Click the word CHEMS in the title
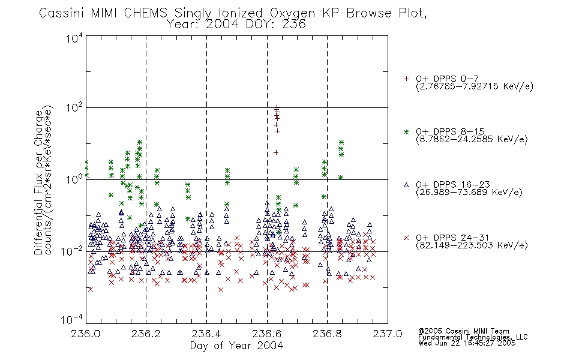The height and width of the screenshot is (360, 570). click(145, 13)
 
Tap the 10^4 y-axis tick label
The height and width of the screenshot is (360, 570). click(74, 38)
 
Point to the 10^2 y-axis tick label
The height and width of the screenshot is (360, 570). click(74, 108)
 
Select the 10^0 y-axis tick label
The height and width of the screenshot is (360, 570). click(74, 179)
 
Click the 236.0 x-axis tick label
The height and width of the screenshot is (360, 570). click(85, 334)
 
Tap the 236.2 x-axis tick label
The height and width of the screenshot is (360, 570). click(146, 334)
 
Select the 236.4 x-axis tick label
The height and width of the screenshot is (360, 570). click(206, 334)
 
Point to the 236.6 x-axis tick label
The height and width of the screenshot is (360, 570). click(266, 334)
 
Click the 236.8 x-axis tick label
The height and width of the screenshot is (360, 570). click(327, 334)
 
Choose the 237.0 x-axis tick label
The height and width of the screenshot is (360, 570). click(387, 334)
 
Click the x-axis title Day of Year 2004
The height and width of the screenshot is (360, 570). click(236, 346)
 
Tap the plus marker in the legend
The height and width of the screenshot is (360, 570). click(406, 79)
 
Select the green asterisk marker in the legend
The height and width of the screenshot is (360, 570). click(406, 131)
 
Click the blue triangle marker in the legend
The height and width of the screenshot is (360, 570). click(406, 185)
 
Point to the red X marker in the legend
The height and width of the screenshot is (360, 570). click(406, 238)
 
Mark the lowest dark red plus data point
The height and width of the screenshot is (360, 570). click(276, 152)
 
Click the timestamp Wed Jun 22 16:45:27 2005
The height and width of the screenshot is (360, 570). click(467, 343)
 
